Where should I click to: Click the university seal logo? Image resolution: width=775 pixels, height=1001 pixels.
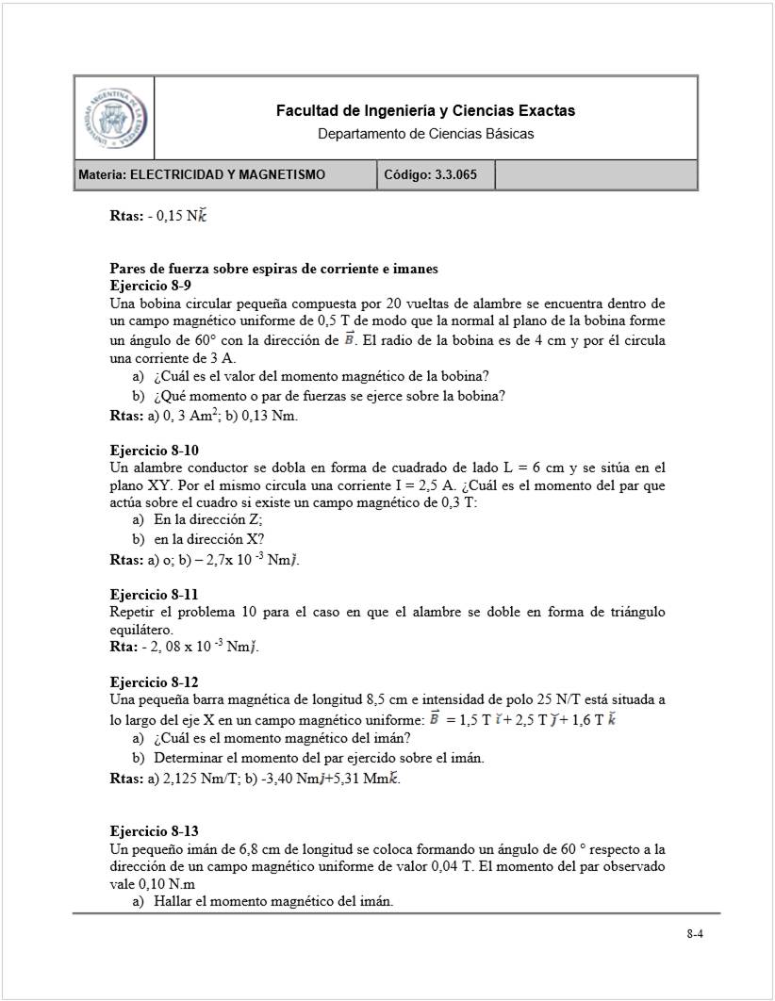point(114,118)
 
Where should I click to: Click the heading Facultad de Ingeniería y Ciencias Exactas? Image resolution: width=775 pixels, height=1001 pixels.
point(425,111)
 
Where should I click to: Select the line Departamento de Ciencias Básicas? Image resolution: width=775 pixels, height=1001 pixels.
point(425,134)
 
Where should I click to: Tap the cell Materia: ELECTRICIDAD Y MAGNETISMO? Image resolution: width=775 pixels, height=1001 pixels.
point(225,175)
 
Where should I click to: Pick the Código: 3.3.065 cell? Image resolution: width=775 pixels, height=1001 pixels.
point(436,175)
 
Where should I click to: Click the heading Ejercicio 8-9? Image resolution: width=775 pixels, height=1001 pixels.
point(152,285)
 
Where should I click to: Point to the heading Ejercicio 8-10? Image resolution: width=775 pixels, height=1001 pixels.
point(155,450)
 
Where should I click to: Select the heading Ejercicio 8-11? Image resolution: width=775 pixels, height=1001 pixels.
point(155,595)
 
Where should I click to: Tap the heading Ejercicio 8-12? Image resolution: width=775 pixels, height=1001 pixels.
point(155,681)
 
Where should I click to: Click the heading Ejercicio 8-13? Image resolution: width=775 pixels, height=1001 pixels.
point(155,830)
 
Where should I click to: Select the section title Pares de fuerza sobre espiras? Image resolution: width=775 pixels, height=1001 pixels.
point(273,269)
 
